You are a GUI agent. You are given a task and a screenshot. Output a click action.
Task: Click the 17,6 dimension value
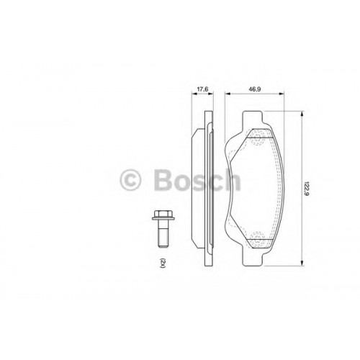pyautogui.click(x=202, y=89)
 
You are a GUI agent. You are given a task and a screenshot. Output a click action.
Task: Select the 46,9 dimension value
pyautogui.click(x=255, y=89)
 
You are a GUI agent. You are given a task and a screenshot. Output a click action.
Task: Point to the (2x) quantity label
pyautogui.click(x=163, y=263)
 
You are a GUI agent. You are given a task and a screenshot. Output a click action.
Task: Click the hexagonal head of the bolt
pyautogui.click(x=163, y=213)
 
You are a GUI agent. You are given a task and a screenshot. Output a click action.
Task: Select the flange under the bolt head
pyautogui.click(x=163, y=218)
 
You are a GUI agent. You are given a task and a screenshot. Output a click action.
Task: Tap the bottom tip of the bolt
pyautogui.click(x=163, y=246)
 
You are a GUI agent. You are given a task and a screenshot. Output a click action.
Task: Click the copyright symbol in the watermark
pyautogui.click(x=130, y=180)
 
